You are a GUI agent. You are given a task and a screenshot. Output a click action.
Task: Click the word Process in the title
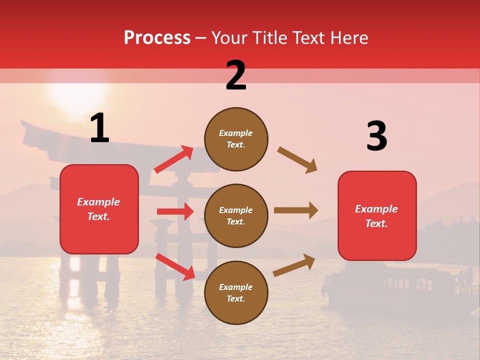pos(157,37)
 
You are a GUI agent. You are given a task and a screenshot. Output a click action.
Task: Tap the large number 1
pos(99,128)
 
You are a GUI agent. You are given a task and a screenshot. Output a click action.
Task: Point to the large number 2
pos(236,75)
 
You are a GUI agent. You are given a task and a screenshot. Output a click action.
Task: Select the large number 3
pos(376,136)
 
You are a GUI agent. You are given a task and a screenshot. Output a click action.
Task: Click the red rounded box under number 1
pos(99,209)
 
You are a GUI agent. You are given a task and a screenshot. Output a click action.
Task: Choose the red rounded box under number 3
pos(377,215)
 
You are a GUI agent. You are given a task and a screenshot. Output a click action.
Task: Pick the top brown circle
pos(236,139)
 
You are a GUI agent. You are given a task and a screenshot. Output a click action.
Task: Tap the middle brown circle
pos(236,215)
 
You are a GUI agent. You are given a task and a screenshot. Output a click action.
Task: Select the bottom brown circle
pos(236,292)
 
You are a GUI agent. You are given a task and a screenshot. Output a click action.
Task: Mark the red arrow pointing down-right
pos(175,266)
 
